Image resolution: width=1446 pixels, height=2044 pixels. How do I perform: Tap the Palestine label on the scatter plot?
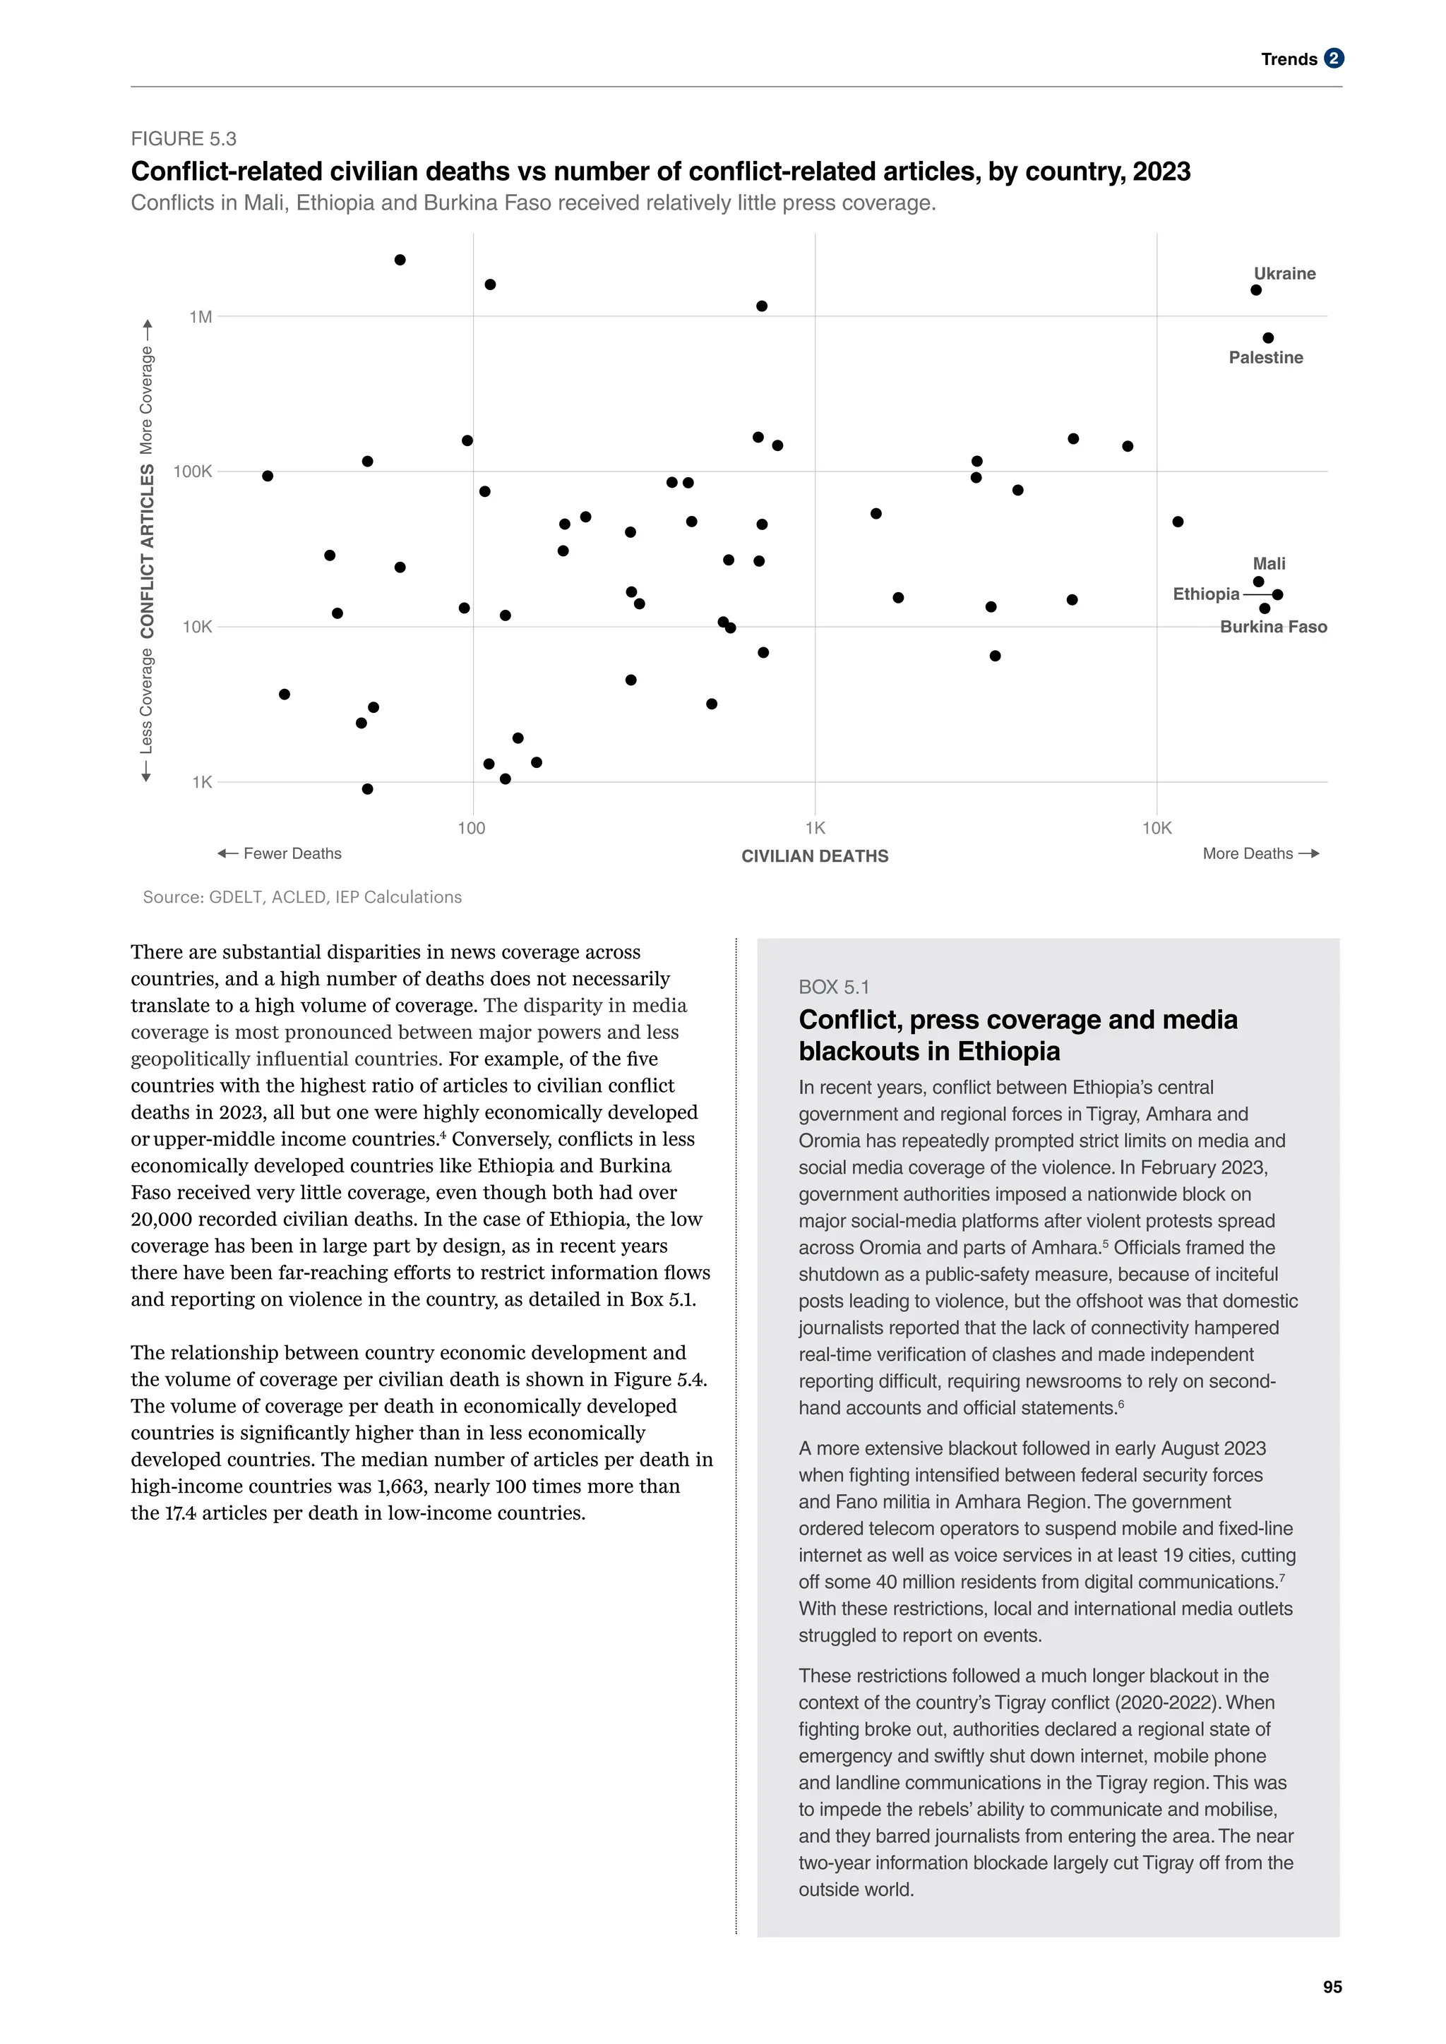1265,357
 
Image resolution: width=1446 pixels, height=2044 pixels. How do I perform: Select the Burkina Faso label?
1272,627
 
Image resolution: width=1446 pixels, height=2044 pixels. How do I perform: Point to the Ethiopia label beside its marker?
1206,594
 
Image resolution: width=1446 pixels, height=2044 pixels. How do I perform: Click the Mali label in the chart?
1269,563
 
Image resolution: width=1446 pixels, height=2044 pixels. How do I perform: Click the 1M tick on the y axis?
201,317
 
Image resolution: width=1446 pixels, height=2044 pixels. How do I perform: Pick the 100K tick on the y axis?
193,472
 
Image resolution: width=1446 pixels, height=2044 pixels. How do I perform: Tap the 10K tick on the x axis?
1157,829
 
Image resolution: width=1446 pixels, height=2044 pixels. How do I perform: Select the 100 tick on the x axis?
472,829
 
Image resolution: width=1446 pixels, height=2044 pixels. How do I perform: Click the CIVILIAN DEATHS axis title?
815,856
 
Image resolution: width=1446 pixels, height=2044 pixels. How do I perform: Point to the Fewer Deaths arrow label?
280,854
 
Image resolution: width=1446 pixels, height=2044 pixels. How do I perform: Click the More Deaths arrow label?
1260,854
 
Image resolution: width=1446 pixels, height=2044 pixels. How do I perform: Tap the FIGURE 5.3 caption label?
184,139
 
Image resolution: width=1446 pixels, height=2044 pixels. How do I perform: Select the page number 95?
1332,1987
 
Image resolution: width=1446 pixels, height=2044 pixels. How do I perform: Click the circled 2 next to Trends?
1333,59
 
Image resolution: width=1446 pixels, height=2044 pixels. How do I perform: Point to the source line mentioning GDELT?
302,897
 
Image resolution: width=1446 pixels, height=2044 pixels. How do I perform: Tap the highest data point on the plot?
400,260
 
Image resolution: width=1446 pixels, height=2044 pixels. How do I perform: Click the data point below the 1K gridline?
368,789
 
